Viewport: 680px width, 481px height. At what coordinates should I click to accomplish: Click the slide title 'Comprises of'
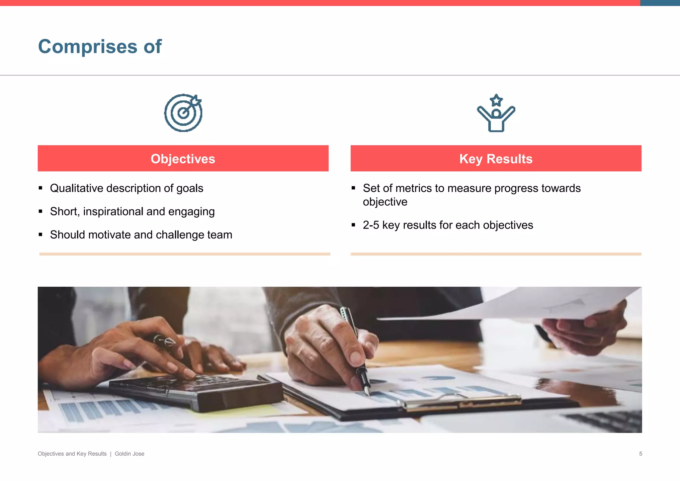(x=100, y=47)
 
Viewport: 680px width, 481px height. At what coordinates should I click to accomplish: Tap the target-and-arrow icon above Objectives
(x=183, y=113)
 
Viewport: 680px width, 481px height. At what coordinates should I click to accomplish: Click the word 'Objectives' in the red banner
(x=183, y=159)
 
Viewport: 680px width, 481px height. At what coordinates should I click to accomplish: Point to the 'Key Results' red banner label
(x=496, y=159)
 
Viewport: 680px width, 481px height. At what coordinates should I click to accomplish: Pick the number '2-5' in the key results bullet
(x=371, y=225)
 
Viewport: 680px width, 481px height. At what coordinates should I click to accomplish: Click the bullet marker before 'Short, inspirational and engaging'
(x=41, y=211)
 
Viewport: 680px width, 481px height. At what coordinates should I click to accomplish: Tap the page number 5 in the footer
(x=640, y=454)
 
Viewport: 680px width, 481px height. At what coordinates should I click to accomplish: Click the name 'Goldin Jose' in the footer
(x=129, y=454)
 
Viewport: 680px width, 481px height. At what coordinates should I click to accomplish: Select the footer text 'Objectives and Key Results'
(x=72, y=454)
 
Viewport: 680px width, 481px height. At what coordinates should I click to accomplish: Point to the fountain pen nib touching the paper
(x=367, y=392)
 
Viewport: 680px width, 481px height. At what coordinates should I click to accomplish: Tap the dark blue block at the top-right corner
(x=660, y=3)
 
